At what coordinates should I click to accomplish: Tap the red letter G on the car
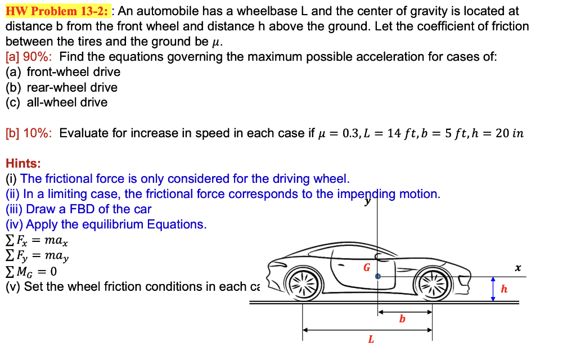pos(366,267)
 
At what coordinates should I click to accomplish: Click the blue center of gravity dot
pos(378,277)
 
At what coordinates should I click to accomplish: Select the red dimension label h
pos(504,289)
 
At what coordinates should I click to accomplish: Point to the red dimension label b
pos(402,319)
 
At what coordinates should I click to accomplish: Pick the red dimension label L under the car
pos(370,339)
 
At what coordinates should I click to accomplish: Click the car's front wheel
pos(433,280)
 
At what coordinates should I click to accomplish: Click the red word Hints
pos(23,164)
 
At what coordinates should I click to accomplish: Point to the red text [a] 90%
pos(28,57)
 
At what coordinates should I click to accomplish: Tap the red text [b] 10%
pos(28,133)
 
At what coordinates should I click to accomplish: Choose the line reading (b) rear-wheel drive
pos(62,87)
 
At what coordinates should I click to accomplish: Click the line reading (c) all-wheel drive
pos(56,102)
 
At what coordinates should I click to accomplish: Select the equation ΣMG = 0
pos(31,272)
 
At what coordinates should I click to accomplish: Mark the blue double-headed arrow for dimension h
pos(493,289)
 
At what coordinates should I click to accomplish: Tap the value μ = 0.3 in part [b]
pos(337,133)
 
